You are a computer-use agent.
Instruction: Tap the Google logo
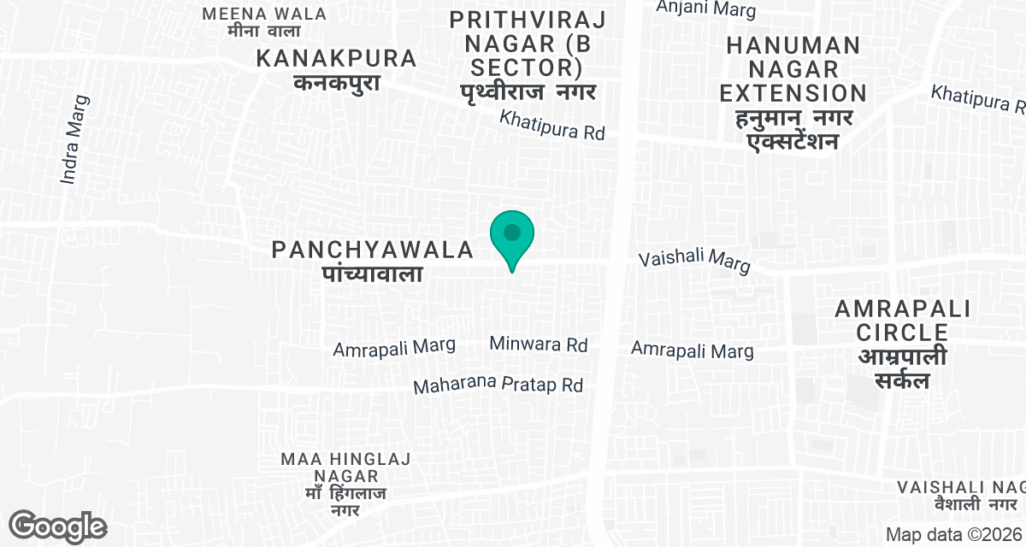tap(58, 526)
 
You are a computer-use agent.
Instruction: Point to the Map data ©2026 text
tap(954, 534)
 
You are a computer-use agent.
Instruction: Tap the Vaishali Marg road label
tap(695, 262)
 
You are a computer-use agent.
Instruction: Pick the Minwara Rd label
tap(539, 344)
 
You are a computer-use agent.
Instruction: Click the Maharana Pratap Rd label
tap(498, 385)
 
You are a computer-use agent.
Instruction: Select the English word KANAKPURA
tap(337, 59)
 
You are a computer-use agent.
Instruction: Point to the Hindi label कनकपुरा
tap(336, 83)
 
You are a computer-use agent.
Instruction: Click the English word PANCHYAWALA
tap(373, 250)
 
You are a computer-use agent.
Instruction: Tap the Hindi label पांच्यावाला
tap(374, 273)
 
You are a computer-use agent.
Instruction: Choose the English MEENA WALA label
tap(265, 14)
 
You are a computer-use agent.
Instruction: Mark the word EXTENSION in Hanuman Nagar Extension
tap(793, 93)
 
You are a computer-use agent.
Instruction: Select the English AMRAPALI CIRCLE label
tap(903, 320)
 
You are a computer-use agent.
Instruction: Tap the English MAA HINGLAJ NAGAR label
tap(345, 468)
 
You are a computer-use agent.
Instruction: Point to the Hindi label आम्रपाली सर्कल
tap(903, 368)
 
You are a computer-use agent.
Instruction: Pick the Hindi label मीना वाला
tap(265, 32)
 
